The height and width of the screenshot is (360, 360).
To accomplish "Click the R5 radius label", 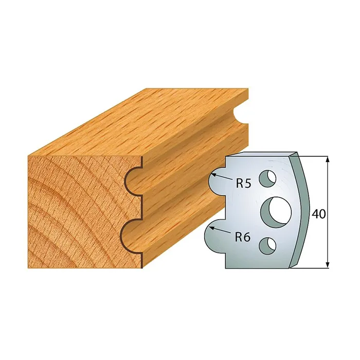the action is pyautogui.click(x=244, y=184).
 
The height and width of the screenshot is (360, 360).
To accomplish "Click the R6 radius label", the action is pyautogui.click(x=243, y=237).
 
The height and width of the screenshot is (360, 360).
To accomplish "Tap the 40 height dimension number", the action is pyautogui.click(x=319, y=214).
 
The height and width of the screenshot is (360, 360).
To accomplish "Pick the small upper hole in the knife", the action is pyautogui.click(x=267, y=178).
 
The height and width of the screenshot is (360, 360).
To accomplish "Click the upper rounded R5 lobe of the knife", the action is pyautogui.click(x=217, y=182).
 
